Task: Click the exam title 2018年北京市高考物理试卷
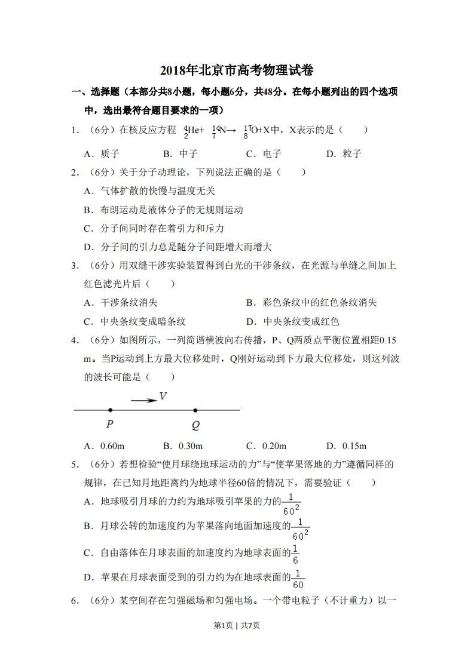pyautogui.click(x=237, y=70)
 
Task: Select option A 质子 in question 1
pyautogui.click(x=102, y=153)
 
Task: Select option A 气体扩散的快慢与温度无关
pyautogui.click(x=149, y=191)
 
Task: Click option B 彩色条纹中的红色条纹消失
pyautogui.click(x=311, y=303)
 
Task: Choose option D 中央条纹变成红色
pyautogui.click(x=293, y=321)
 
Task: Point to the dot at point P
pyautogui.click(x=110, y=410)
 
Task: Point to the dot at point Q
pyautogui.click(x=195, y=410)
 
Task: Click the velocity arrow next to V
pyautogui.click(x=143, y=400)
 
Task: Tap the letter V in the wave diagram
pyautogui.click(x=163, y=396)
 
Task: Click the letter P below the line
pyautogui.click(x=109, y=425)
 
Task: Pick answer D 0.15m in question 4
pyautogui.click(x=346, y=446)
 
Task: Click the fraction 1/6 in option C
pyautogui.click(x=295, y=554)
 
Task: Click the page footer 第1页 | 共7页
pyautogui.click(x=237, y=625)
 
